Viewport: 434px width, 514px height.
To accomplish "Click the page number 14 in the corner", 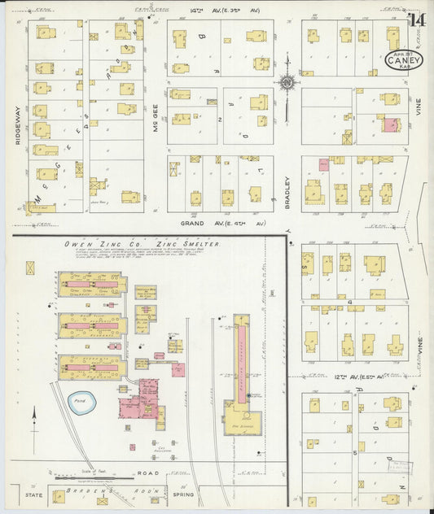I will [x=417, y=20].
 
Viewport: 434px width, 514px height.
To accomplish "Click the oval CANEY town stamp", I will [x=403, y=59].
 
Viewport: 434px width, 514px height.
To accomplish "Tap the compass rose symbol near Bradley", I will [x=287, y=82].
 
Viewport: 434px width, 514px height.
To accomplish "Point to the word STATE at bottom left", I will [x=33, y=494].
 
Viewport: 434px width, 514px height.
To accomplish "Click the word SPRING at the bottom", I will [x=184, y=494].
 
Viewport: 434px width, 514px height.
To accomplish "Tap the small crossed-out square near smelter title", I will [x=30, y=267].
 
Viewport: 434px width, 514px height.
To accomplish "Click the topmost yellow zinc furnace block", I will [x=92, y=284].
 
